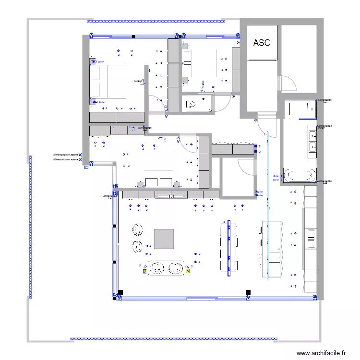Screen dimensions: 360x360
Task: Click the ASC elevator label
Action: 262,43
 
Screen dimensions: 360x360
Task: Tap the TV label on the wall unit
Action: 170,196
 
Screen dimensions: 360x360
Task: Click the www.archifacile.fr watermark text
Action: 321,353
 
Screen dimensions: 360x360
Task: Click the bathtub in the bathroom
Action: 300,175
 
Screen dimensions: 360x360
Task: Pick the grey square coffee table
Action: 164,239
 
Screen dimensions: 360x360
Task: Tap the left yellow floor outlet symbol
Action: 144,271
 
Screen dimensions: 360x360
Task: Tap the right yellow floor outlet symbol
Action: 188,271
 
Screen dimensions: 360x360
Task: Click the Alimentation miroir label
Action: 325,127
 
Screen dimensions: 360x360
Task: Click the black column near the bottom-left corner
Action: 120,292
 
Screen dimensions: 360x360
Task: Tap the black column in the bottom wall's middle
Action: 248,292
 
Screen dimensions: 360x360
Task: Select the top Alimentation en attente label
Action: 67,155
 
